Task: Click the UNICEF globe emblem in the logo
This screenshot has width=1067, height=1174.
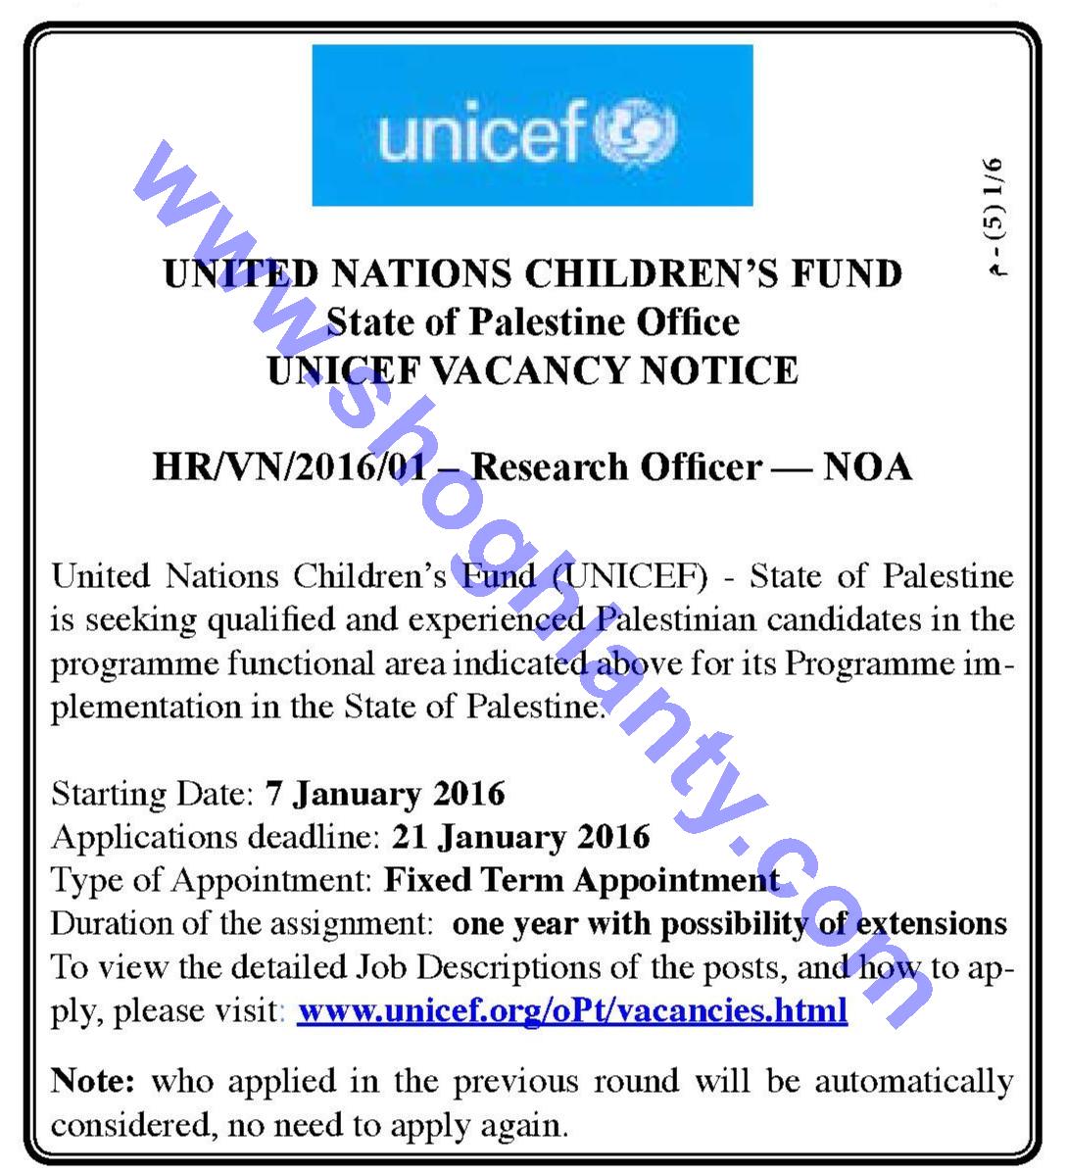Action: coord(643,132)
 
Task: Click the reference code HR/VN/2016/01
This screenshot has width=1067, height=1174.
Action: coord(291,466)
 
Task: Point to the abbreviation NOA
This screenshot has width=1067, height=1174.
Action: coord(867,466)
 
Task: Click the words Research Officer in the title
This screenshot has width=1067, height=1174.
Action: coord(616,466)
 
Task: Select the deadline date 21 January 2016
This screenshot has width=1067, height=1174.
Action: coord(520,836)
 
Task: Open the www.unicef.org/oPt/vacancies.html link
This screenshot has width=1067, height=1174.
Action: coord(572,1009)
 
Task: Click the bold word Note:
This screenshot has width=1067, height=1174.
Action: coord(92,1082)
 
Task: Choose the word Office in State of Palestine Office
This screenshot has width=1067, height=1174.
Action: coord(686,321)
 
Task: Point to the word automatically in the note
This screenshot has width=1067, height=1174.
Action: coord(914,1082)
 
